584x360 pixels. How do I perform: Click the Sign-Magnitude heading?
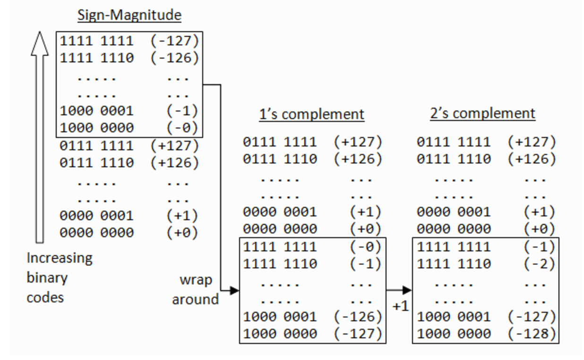click(129, 15)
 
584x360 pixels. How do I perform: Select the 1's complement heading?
click(311, 114)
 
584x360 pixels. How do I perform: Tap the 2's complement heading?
click(482, 113)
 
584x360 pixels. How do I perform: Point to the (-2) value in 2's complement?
click(539, 264)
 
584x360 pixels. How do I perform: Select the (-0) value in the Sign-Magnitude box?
click(182, 128)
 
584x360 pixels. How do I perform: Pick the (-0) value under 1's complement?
click(365, 247)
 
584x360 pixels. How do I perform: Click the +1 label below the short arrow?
click(400, 306)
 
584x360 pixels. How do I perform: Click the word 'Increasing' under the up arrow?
click(60, 258)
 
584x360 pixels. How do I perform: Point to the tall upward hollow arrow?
click(40, 137)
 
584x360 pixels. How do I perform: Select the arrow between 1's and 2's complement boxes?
click(399, 290)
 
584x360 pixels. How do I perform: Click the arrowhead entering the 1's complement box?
click(234, 291)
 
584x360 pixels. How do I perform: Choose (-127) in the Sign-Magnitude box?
click(175, 41)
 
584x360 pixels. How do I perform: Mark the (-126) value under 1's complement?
click(358, 317)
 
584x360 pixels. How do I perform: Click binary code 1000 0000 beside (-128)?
click(454, 334)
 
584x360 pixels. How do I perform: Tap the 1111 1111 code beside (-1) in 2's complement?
click(454, 247)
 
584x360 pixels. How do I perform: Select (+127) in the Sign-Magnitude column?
click(175, 146)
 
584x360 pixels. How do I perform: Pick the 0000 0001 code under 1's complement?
click(280, 212)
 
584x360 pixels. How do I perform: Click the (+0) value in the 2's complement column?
click(539, 229)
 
